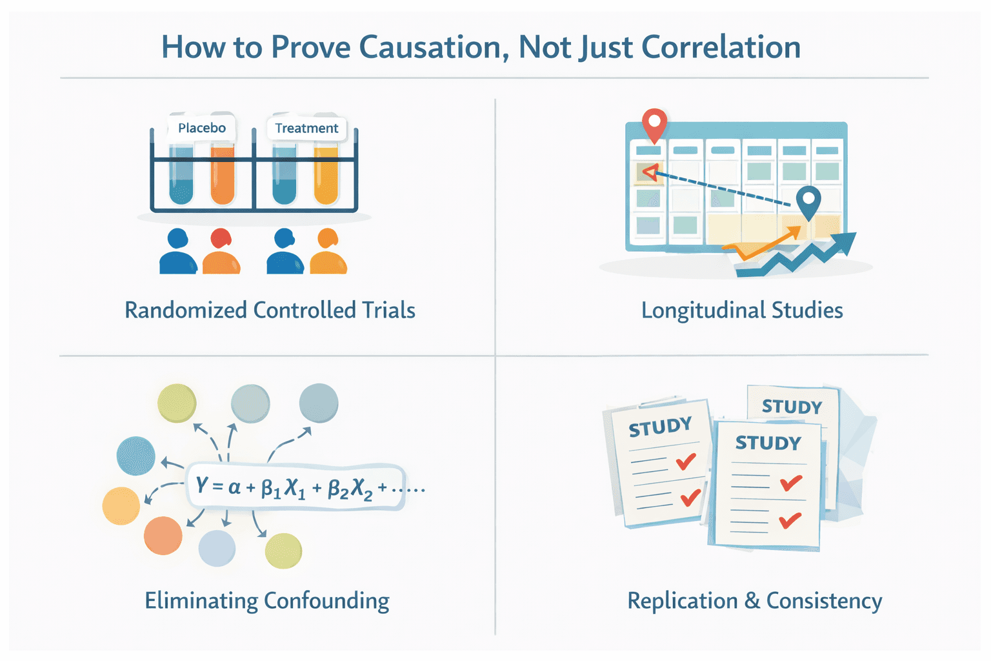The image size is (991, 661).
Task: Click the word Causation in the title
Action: pos(432,47)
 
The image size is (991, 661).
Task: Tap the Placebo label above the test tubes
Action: pos(201,128)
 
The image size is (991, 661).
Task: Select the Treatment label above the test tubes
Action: pos(306,128)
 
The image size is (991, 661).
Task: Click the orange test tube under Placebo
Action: pos(223,174)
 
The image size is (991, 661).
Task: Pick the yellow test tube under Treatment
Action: pos(326,174)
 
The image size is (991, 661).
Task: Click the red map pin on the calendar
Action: pos(654,123)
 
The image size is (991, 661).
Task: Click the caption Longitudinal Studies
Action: pos(742,310)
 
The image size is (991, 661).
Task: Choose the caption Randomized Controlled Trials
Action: pos(270,310)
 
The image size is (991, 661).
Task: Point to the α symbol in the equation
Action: pos(234,486)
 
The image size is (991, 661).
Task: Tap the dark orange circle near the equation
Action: pos(163,535)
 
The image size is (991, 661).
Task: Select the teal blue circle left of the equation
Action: pos(135,456)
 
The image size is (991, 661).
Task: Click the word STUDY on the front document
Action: pos(768,443)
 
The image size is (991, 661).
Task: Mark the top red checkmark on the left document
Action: pos(685,461)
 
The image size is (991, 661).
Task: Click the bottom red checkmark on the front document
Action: pos(790,520)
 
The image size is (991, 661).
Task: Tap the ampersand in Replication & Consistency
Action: pos(752,601)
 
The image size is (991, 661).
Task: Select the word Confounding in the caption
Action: pos(326,601)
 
